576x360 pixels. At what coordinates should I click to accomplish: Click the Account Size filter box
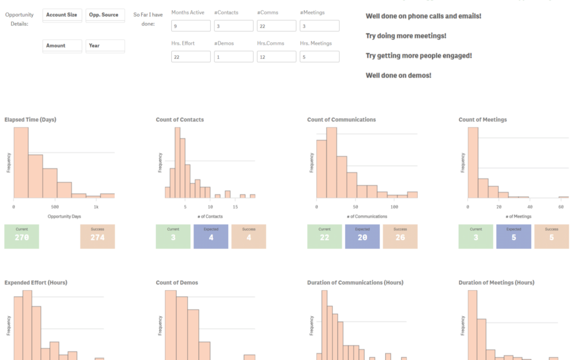tap(62, 15)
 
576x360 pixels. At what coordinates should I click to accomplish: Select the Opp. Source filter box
tap(105, 15)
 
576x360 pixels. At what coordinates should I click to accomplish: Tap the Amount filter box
tap(62, 46)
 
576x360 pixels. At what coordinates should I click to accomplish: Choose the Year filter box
tap(105, 46)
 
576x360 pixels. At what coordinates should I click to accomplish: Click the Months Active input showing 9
tap(191, 26)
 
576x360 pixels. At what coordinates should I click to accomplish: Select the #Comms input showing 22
tap(276, 26)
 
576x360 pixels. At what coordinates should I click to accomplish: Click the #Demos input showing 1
tap(234, 57)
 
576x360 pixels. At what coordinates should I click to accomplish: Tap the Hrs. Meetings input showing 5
tap(319, 57)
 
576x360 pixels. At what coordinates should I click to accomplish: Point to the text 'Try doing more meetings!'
tap(406, 36)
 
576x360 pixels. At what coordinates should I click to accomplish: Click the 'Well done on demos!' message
tap(398, 75)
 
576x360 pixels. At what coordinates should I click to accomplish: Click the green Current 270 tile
tap(22, 236)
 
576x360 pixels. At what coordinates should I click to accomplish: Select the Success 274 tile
tap(98, 236)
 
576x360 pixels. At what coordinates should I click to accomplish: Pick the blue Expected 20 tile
tap(362, 236)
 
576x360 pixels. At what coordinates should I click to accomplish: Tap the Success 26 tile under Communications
tap(400, 236)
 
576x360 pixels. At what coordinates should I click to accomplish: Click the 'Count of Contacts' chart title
tap(180, 119)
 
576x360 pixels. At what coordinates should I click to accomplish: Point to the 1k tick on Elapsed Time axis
tap(96, 206)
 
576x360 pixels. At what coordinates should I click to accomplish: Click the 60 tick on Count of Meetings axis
tap(561, 206)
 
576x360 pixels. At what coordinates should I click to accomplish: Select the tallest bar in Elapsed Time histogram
tap(21, 162)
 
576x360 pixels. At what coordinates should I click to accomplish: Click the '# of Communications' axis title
tap(366, 217)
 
